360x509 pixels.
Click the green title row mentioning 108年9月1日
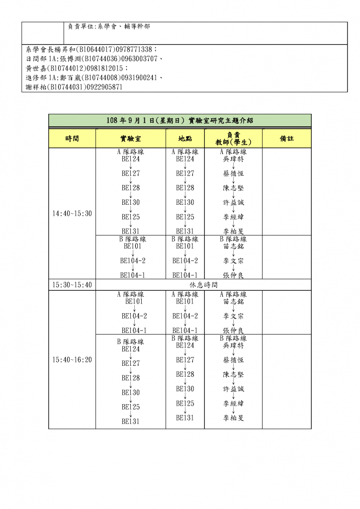180,121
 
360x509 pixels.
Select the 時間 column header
72,138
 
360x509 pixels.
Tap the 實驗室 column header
130,138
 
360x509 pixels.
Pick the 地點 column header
185,138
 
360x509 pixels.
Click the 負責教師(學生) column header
233,138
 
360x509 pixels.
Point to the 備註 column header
286,138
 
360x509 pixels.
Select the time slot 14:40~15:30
72,213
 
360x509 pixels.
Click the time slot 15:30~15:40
72,285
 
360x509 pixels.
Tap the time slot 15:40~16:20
72,359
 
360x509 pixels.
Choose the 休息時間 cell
203,285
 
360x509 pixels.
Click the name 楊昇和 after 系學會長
56,49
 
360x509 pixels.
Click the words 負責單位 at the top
80,26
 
